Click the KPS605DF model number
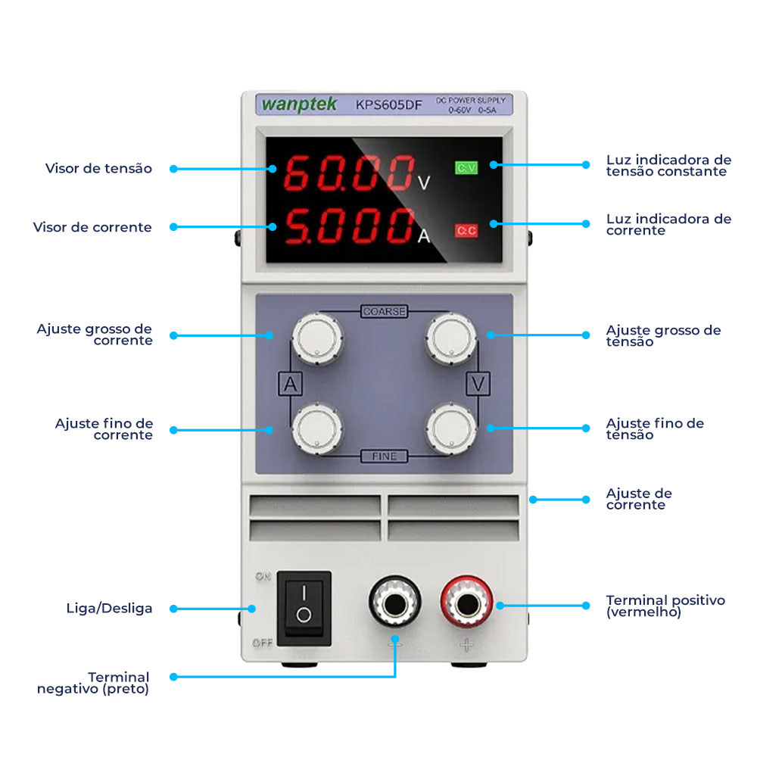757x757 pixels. coord(388,105)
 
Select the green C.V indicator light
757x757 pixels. coord(466,168)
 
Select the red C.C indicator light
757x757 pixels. coord(466,230)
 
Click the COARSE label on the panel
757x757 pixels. coord(384,311)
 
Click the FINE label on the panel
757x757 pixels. coord(384,456)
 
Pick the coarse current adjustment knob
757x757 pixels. coord(316,338)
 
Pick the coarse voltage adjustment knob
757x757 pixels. coord(451,338)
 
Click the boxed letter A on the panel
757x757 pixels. coord(290,384)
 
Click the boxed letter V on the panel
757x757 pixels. coord(478,384)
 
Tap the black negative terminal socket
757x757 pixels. coord(394,603)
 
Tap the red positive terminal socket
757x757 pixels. coord(467,603)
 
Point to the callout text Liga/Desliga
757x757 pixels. coord(109,608)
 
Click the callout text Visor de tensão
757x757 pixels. coord(98,168)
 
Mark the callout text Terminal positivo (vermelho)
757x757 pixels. coord(665,606)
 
